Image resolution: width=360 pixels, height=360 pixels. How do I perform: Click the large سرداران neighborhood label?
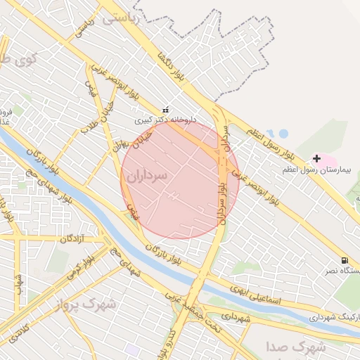click(x=148, y=176)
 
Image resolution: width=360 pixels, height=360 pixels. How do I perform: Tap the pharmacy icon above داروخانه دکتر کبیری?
click(x=166, y=110)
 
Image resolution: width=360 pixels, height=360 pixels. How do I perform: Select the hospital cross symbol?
click(x=316, y=159)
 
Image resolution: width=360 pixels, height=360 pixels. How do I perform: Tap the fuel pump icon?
click(x=344, y=260)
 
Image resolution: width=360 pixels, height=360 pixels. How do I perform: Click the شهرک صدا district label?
click(x=297, y=347)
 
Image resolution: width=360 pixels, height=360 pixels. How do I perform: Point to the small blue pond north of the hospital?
click(x=283, y=133)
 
